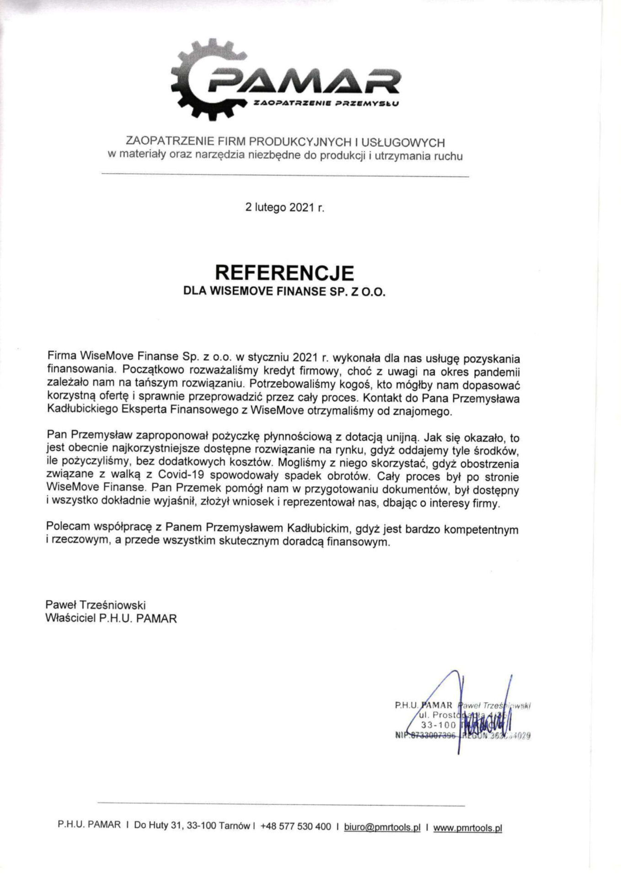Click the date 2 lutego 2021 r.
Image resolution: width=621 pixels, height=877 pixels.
point(284,207)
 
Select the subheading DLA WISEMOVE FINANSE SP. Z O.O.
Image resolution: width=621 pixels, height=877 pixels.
point(284,292)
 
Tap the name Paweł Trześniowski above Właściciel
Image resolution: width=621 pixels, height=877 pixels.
point(96,605)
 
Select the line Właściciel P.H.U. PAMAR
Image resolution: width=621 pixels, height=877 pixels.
point(111,619)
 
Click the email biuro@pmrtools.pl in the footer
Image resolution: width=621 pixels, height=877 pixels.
point(382,827)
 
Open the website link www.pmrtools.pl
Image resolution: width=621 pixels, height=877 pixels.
point(467,827)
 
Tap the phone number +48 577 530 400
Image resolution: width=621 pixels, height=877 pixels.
point(295,827)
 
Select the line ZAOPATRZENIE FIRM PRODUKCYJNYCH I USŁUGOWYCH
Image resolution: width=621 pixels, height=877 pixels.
point(285,142)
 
